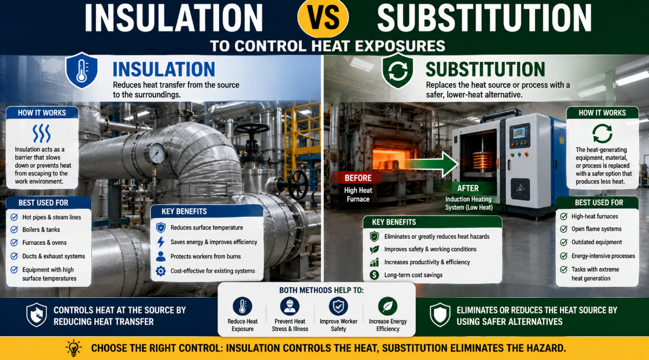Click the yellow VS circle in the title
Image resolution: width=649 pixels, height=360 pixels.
coord(323,17)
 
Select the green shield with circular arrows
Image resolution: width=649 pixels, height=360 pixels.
coord(397,71)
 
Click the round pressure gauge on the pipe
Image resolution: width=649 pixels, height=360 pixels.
coord(156,153)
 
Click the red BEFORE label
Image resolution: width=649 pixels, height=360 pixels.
coord(358,178)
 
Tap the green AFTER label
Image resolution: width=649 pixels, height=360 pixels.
coord(468,188)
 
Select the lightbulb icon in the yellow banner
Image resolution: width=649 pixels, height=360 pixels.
coord(74,348)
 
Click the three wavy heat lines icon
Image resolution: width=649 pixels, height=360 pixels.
coord(41,133)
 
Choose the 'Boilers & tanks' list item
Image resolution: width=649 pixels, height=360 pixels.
coord(41,230)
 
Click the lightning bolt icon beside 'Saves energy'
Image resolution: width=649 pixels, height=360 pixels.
coord(161,242)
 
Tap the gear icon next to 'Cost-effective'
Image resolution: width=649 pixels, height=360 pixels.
coord(161,271)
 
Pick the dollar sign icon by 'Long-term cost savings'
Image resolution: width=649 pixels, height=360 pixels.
coord(374,275)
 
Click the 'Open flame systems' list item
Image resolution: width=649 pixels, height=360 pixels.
coord(597,229)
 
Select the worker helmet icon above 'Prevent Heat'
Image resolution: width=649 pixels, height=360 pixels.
coord(290,306)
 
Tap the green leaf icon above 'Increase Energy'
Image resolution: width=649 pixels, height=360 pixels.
coord(388,306)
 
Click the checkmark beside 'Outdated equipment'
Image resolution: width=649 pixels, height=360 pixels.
coord(564,242)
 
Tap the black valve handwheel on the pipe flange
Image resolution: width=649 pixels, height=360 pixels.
coord(298,184)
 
